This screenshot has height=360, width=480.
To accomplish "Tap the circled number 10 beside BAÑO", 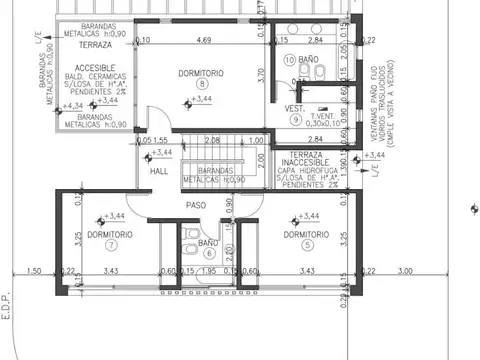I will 289,61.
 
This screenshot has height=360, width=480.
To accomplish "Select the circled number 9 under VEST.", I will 296,119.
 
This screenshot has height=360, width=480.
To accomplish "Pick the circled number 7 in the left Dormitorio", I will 111,244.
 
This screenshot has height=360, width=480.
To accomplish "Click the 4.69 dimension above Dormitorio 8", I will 203,41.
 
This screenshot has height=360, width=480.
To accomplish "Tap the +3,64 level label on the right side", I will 374,156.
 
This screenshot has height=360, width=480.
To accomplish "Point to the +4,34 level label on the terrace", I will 72,105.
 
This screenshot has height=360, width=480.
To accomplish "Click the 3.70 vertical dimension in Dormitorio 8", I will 259,73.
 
